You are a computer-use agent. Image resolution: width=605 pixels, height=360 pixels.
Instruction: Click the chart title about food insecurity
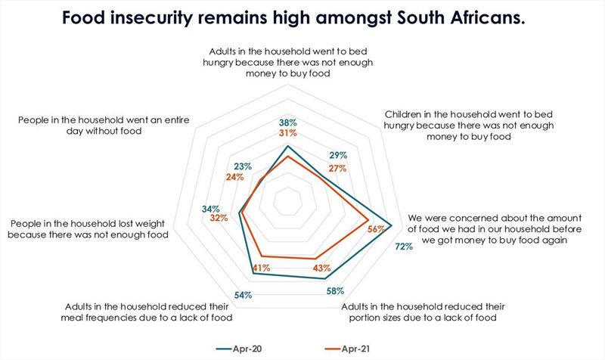[302, 17]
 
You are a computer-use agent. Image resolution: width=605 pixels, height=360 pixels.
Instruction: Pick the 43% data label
[321, 268]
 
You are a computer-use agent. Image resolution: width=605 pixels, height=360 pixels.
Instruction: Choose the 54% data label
[243, 295]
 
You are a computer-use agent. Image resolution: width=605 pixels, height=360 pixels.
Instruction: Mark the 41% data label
[262, 268]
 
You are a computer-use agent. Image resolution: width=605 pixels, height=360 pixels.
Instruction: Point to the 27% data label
[337, 168]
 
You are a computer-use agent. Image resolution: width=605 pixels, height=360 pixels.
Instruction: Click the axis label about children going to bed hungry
[448, 125]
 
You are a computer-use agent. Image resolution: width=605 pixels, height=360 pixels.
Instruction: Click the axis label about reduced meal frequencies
[147, 312]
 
